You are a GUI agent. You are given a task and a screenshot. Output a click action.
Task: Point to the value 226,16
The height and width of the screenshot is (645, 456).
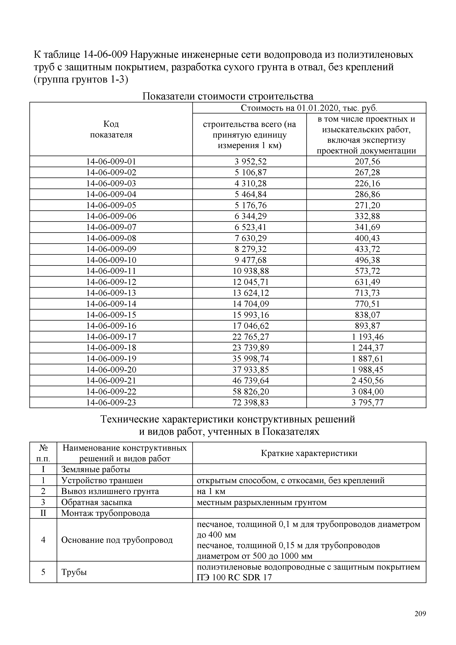pyautogui.click(x=367, y=183)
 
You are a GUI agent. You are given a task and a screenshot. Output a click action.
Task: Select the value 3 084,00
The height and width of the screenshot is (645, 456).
pyautogui.click(x=367, y=392)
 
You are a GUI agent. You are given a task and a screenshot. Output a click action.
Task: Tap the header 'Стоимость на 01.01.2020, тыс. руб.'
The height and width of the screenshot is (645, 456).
pyautogui.click(x=309, y=108)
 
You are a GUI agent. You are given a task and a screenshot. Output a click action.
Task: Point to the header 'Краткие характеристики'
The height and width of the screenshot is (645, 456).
pyautogui.click(x=309, y=453)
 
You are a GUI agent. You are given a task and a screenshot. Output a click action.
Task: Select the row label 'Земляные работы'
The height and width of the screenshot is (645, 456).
pyautogui.click(x=95, y=469)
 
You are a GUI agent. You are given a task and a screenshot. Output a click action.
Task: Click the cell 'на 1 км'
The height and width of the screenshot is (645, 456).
pyautogui.click(x=211, y=491)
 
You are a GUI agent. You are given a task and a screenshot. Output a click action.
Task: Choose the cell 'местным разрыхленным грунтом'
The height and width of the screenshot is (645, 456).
pyautogui.click(x=261, y=502)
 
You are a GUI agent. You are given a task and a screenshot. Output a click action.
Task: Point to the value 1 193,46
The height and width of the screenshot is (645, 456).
pyautogui.click(x=367, y=337)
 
